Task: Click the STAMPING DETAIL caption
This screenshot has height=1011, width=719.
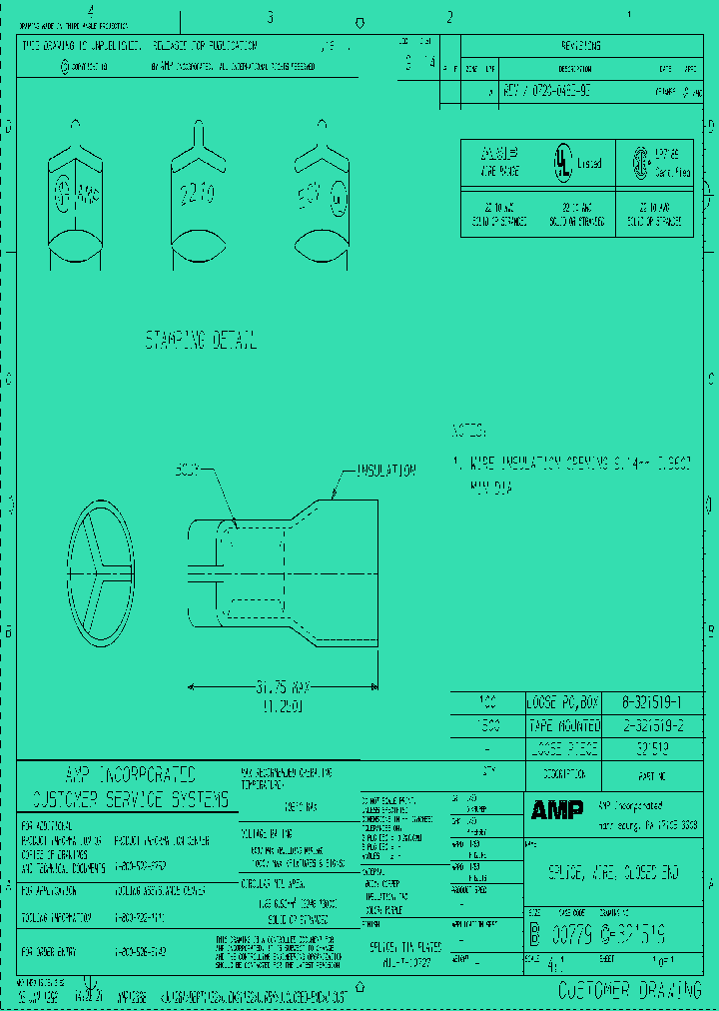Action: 201,341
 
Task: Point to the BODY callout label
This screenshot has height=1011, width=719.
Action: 189,469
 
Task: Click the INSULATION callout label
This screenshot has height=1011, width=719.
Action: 385,470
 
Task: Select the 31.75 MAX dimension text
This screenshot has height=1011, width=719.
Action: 283,687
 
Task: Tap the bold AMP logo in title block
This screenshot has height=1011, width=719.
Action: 556,810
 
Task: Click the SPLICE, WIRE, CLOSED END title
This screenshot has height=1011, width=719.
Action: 613,873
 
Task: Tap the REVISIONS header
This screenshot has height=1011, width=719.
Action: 574,46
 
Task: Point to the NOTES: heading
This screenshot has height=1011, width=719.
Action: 469,432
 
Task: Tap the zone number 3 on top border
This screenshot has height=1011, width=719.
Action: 270,17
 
